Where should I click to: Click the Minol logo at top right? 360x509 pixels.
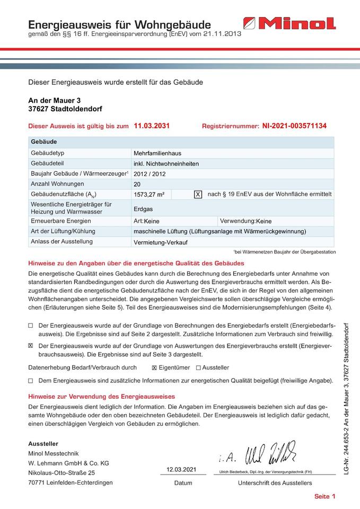[x=289, y=24]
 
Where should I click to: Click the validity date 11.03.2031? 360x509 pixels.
[x=152, y=126]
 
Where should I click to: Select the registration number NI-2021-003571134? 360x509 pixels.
[x=294, y=126]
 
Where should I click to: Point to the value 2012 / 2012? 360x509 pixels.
[x=150, y=174]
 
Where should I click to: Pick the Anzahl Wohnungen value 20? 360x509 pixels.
[x=138, y=184]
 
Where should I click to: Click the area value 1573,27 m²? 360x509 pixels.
[x=150, y=195]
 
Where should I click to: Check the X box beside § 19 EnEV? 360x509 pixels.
[x=198, y=195]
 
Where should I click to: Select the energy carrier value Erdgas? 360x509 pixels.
[x=144, y=209]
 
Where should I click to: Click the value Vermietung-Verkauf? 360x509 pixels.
[x=161, y=242]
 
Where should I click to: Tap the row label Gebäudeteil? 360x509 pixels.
[x=48, y=163]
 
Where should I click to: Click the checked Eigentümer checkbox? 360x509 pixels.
[x=154, y=367]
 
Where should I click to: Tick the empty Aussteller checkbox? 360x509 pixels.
[x=198, y=367]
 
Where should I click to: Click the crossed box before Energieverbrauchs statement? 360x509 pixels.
[x=31, y=345]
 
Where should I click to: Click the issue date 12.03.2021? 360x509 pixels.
[x=181, y=470]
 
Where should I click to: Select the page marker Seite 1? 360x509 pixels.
[x=325, y=497]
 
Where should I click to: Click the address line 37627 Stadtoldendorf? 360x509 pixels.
[x=65, y=109]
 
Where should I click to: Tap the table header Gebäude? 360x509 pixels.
[x=44, y=142]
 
